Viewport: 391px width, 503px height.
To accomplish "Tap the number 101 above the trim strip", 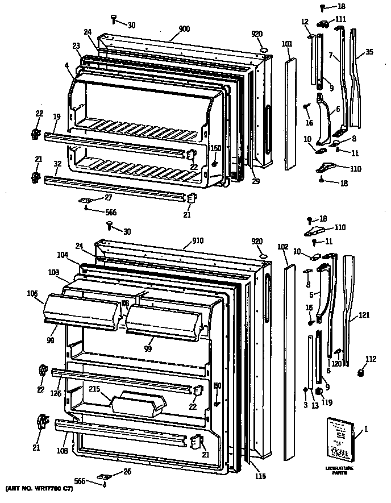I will pos(287,43).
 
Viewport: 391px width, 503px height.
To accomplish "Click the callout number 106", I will pos(32,293).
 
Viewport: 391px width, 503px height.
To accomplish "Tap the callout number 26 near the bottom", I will pos(126,472).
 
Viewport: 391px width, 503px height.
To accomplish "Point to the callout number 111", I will pos(340,19).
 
